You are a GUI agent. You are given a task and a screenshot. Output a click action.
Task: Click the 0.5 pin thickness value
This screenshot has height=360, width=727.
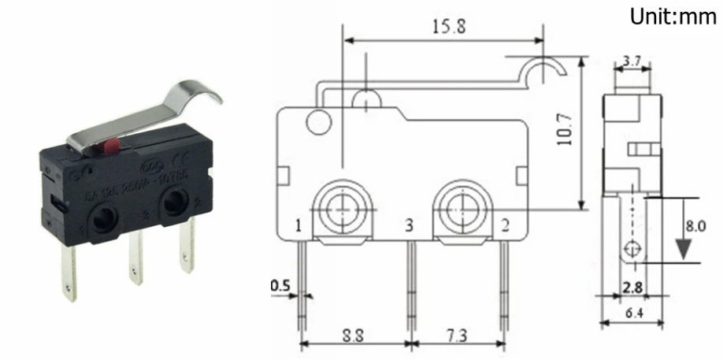[x=280, y=285]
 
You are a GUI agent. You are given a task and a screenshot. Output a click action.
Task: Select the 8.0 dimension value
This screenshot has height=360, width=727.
[x=695, y=226]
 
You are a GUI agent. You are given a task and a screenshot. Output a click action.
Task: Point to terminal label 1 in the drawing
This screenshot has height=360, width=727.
[x=299, y=227]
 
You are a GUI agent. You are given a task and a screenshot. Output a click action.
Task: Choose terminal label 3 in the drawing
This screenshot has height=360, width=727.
[x=409, y=227]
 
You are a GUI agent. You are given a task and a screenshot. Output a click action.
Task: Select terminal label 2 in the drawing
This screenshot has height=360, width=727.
[x=504, y=227]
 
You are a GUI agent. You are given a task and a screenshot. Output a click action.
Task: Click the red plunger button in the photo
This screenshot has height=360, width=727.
[x=112, y=146]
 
